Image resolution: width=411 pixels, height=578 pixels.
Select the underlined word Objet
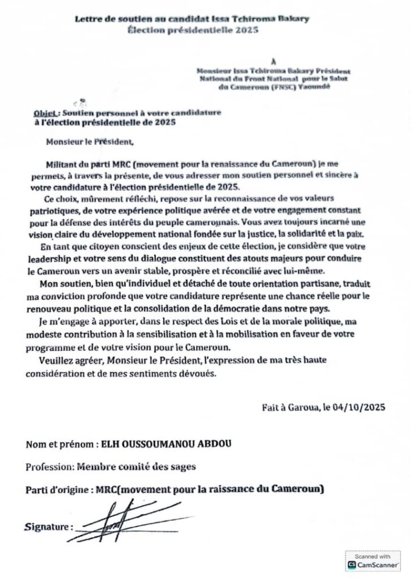tap(45, 113)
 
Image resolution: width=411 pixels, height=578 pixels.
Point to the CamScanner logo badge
tap(373, 561)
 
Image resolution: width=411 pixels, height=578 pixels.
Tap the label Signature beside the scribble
tap(49, 527)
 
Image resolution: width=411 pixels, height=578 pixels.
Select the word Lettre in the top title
tap(89, 19)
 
